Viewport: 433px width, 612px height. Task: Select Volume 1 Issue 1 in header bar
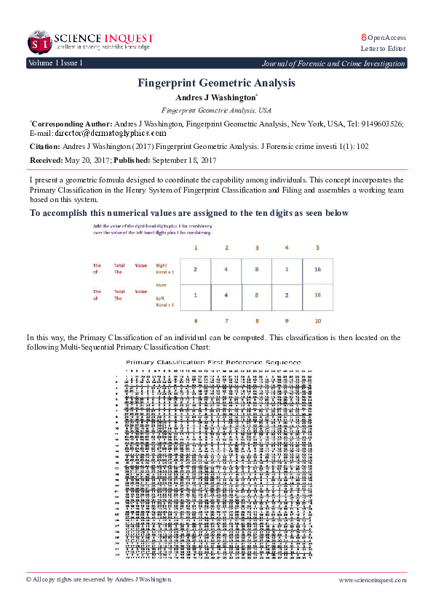[55, 63]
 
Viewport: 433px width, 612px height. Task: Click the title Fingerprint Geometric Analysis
[216, 83]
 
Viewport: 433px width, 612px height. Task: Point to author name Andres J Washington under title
[215, 97]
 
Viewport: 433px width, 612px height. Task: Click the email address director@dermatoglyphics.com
[111, 134]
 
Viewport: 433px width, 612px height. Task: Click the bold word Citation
[48, 147]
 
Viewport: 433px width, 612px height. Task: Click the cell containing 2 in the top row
[194, 269]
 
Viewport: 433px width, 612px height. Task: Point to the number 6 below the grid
[194, 321]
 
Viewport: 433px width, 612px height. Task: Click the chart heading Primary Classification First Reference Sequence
[212, 361]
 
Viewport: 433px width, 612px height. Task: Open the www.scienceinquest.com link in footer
[372, 579]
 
